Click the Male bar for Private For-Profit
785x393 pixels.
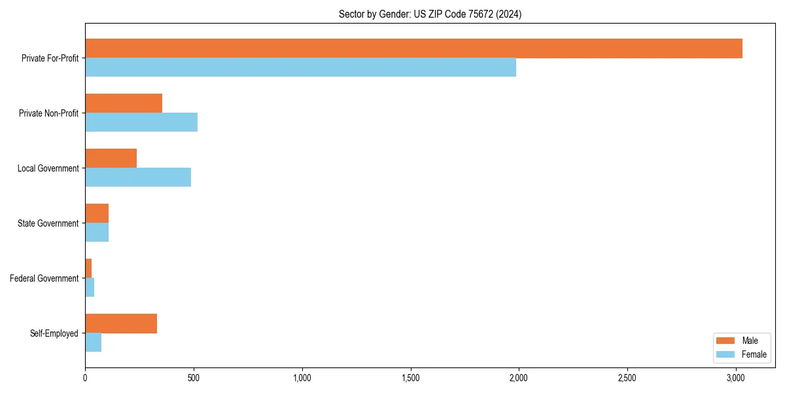point(413,48)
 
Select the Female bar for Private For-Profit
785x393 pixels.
point(300,67)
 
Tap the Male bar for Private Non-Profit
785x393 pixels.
point(124,103)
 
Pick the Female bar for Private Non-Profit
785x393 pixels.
point(141,122)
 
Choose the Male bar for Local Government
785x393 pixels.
point(111,159)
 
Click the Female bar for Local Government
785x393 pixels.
point(138,178)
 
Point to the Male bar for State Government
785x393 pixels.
point(97,214)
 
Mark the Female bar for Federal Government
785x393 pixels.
point(90,288)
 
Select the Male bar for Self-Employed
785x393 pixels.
point(121,324)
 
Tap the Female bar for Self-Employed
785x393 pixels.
point(93,343)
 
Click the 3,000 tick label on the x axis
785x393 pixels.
point(735,378)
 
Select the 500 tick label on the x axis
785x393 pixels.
point(193,378)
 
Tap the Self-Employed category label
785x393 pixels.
point(54,333)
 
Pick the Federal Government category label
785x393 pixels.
point(44,278)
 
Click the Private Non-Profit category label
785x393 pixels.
point(48,113)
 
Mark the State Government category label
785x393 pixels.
point(48,223)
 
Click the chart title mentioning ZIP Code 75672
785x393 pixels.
point(430,14)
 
